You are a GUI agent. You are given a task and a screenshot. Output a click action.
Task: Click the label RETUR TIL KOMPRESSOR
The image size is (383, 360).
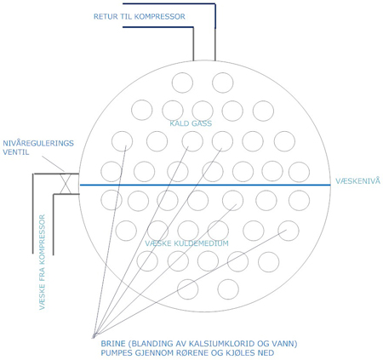pyautogui.click(x=140, y=16)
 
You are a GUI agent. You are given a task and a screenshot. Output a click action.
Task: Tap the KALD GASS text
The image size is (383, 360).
pyautogui.click(x=191, y=123)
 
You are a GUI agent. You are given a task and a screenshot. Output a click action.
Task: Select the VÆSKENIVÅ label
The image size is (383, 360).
pyautogui.click(x=357, y=180)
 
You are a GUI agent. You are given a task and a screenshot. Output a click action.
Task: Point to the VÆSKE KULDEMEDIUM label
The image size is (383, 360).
pyautogui.click(x=186, y=243)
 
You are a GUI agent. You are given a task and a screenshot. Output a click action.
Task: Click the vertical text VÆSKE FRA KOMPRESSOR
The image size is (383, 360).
pyautogui.click(x=42, y=262)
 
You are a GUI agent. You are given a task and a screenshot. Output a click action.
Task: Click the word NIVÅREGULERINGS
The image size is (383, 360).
pyautogui.click(x=38, y=143)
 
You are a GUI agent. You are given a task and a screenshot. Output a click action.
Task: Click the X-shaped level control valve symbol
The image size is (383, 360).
pyautogui.click(x=66, y=184)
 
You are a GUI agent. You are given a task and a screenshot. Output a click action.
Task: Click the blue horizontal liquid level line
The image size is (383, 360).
pyautogui.click(x=205, y=185)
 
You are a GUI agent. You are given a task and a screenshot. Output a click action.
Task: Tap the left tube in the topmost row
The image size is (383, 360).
pyautogui.click(x=182, y=83)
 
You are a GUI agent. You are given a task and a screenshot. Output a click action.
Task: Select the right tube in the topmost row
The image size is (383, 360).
pyautogui.click(x=223, y=83)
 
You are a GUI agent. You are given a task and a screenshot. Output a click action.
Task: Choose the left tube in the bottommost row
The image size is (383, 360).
pyautogui.click(x=188, y=289)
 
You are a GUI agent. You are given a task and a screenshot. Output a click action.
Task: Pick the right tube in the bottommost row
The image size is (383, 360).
pyautogui.click(x=228, y=289)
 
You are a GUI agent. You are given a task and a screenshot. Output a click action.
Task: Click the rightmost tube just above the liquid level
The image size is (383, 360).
pyautogui.click(x=299, y=172)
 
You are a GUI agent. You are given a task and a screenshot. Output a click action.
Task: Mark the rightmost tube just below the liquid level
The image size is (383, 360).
pyautogui.click(x=299, y=200)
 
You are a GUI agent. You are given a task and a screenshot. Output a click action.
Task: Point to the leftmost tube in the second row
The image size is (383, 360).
pyautogui.click(x=142, y=110)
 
